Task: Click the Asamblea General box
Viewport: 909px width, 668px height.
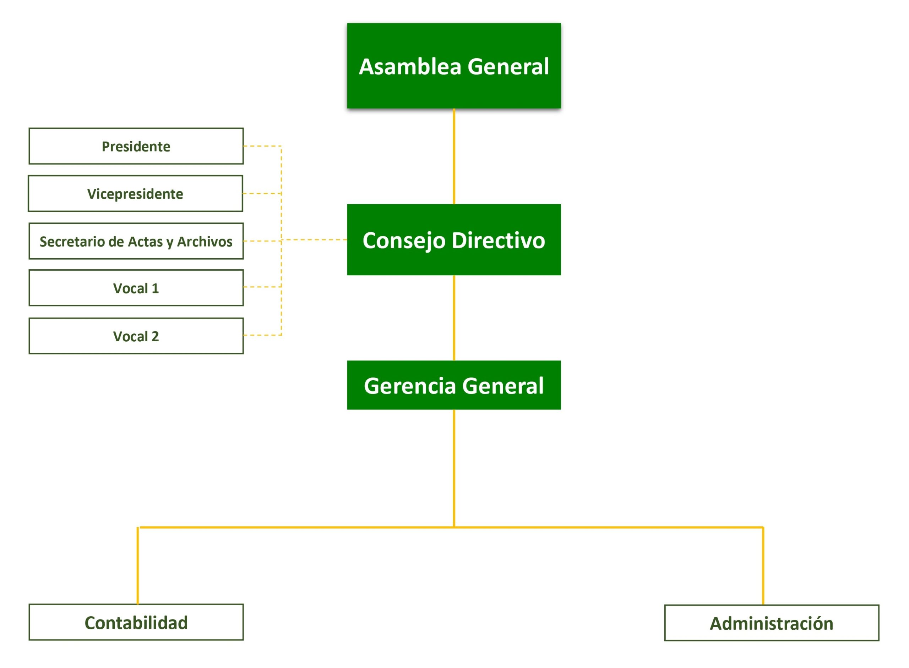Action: pos(454,66)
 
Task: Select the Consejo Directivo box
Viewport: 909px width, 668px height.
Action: pos(454,240)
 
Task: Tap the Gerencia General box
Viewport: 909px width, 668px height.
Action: pos(454,385)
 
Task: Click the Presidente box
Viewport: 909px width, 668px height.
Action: pos(136,146)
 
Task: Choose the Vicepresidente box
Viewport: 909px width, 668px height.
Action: pos(135,193)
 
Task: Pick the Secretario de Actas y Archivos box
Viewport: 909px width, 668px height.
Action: pos(136,241)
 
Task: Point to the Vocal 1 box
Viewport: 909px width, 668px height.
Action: pos(136,288)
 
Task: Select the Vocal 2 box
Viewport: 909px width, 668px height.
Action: pos(136,336)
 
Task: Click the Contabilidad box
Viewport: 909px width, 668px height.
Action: pos(136,622)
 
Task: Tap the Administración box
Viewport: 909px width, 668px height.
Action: pos(771,623)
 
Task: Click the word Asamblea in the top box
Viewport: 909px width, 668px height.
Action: pos(409,66)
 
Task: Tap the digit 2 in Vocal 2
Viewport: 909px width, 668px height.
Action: pos(155,336)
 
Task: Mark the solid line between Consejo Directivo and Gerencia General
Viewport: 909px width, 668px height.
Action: pos(454,318)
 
